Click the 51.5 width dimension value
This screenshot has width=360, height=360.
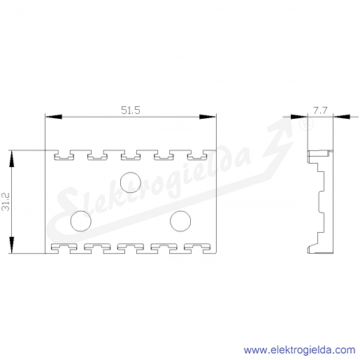131,110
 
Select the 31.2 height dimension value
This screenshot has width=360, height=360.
6,202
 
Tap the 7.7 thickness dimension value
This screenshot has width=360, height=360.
320,110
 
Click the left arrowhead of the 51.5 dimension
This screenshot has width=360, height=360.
54,117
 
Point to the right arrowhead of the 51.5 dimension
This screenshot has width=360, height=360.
208,117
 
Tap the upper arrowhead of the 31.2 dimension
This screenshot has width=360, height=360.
11,159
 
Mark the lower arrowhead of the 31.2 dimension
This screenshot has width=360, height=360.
11,245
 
